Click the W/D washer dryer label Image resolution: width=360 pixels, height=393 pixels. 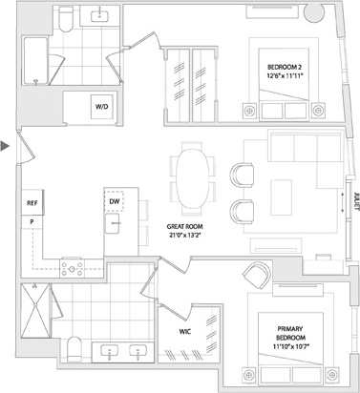tap(101, 108)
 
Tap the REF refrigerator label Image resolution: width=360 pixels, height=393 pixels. tap(32, 203)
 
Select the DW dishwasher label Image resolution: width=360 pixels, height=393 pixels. tap(115, 202)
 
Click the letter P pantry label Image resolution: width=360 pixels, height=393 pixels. tap(32, 221)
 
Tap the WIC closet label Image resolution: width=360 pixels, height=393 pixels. tap(187, 333)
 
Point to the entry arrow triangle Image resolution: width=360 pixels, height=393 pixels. tap(7, 146)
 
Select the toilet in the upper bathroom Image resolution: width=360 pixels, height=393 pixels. tap(65, 18)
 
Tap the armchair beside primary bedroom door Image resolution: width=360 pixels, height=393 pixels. tap(256, 275)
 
